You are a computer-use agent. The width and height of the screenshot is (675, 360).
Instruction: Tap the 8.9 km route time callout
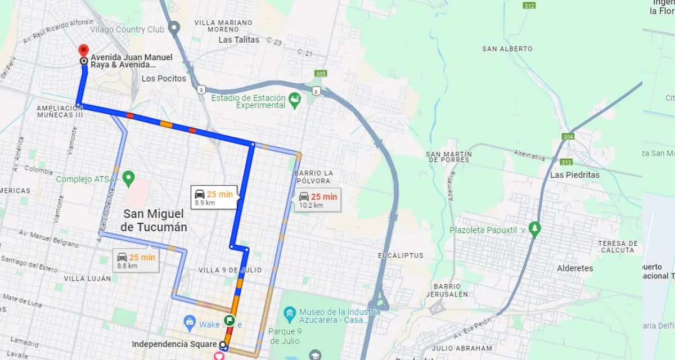(214, 198)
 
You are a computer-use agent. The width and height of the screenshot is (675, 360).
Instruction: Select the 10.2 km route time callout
(318, 200)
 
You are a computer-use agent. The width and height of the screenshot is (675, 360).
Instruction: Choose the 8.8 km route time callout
(136, 261)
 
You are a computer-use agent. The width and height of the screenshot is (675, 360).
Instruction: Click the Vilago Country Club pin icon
(174, 28)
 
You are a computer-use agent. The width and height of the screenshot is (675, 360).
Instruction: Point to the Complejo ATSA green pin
(128, 179)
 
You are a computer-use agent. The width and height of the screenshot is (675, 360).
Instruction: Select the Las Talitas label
(239, 40)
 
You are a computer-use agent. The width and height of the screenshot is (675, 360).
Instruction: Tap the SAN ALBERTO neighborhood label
(507, 49)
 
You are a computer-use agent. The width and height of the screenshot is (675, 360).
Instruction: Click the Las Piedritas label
(574, 175)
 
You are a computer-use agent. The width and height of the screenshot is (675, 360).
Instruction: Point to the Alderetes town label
(575, 268)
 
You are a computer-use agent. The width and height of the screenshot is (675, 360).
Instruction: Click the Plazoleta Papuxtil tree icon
(535, 229)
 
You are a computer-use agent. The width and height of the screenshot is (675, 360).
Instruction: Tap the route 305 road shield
(321, 74)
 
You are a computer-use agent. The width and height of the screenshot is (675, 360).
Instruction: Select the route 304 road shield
(568, 137)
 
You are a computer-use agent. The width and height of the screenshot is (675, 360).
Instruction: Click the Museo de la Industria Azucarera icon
(289, 312)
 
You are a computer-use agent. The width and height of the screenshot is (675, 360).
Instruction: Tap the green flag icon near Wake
(229, 321)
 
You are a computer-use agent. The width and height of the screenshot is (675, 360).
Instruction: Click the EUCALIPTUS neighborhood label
(400, 255)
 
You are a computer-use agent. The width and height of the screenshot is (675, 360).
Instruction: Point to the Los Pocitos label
(164, 79)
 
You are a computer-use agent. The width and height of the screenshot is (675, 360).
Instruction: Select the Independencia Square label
(174, 344)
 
